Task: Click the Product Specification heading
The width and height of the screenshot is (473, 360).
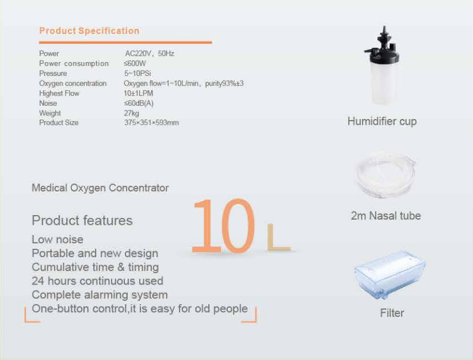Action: (89, 30)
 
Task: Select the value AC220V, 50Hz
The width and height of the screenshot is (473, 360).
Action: (150, 53)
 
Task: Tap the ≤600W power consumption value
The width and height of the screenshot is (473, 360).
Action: (135, 63)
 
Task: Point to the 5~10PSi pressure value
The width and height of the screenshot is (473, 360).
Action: (138, 73)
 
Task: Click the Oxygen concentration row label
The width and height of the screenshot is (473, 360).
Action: (73, 83)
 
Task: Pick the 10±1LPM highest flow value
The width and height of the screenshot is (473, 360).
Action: (139, 93)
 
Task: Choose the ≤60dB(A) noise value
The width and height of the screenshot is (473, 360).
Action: (139, 103)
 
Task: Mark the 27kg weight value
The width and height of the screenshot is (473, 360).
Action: (132, 113)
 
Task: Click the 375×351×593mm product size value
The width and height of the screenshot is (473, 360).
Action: (151, 122)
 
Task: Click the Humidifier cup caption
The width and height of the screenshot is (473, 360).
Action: (382, 121)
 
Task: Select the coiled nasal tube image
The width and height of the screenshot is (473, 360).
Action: (385, 176)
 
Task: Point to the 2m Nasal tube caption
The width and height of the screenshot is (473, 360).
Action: (386, 216)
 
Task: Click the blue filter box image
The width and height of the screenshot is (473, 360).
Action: (390, 274)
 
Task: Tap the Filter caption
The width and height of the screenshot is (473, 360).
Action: (392, 313)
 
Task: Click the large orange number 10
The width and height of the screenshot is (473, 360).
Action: (223, 225)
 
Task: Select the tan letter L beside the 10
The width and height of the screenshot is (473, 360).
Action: (279, 237)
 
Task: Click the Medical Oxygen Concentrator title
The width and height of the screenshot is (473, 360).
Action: (100, 188)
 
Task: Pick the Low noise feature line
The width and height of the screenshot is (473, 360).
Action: (58, 239)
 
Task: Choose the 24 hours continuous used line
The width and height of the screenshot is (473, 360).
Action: (97, 281)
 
